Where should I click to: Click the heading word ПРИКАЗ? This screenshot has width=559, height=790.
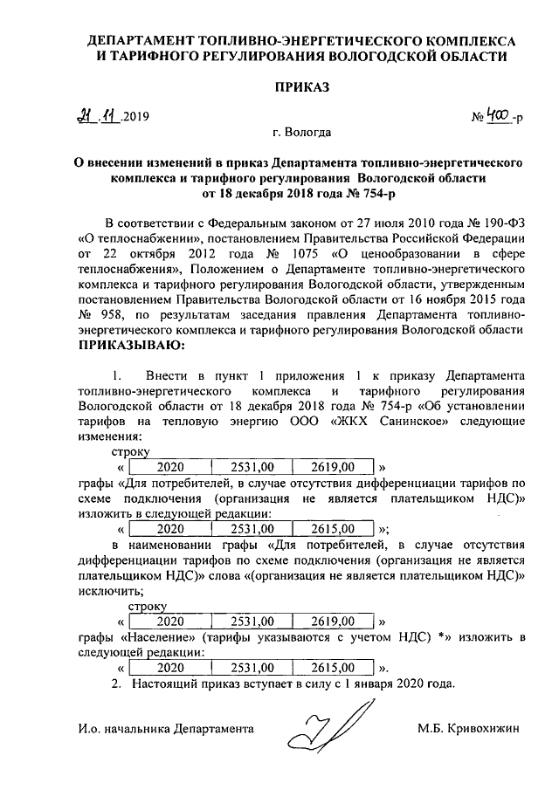[300, 88]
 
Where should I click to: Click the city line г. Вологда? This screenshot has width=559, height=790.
[301, 134]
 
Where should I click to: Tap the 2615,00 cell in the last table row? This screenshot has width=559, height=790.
[331, 667]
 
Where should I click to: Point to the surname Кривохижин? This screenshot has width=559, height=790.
[483, 727]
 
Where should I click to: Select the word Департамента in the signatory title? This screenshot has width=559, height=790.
[214, 727]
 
